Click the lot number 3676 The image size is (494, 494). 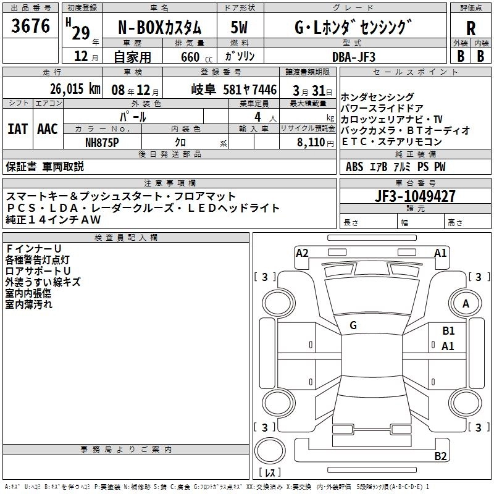pos(31,27)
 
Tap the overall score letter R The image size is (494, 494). pos(471,28)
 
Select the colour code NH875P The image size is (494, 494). pos(102,142)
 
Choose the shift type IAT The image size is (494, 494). pos(17,128)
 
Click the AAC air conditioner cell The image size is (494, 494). pos(47,128)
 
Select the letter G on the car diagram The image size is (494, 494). pos(353,325)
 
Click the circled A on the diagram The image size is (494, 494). pos(466,303)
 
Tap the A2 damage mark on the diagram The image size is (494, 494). pos(302,253)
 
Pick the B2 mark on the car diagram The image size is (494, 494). pos(440,456)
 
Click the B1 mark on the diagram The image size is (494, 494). pos(448,331)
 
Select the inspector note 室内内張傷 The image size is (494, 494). pos(28,293)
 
